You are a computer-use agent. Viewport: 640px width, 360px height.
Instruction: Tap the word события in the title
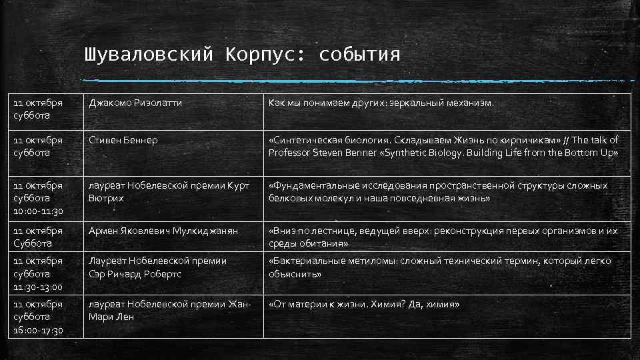point(360,54)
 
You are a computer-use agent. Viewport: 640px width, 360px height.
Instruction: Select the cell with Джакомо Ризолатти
point(135,103)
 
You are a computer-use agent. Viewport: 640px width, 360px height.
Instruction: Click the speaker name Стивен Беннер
point(123,140)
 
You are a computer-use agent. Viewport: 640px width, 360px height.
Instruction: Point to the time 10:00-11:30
point(37,211)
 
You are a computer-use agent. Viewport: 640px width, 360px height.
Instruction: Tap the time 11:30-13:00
point(37,287)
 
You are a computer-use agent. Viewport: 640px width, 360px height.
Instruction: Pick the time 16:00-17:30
point(37,330)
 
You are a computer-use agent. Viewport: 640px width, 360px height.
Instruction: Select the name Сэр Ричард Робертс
point(135,274)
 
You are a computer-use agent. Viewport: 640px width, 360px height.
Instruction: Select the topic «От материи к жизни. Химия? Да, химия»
point(364,305)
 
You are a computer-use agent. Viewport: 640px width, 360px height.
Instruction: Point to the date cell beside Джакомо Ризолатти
point(37,109)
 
